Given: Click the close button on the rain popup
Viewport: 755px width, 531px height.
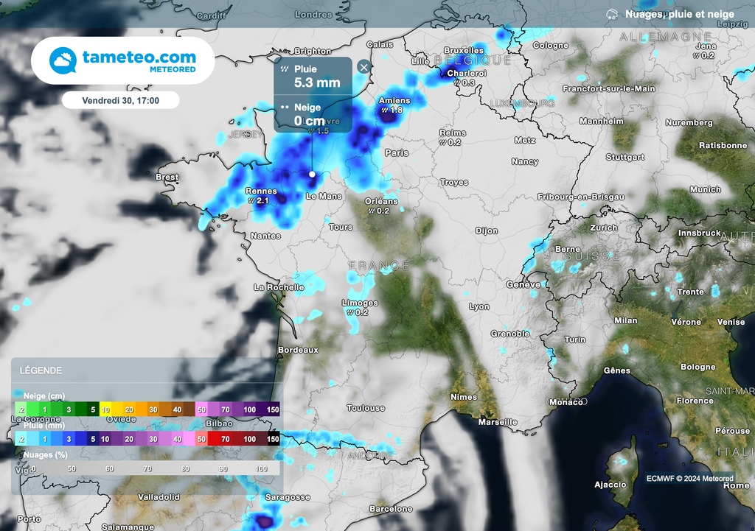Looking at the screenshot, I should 363,67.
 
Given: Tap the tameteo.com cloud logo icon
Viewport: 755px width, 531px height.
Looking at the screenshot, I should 63,60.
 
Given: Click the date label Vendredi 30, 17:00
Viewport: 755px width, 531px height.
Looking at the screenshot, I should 121,99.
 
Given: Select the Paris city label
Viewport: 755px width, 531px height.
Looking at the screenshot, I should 397,153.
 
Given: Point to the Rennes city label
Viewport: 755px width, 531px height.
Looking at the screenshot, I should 261,191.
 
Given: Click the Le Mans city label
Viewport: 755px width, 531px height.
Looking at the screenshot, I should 324,197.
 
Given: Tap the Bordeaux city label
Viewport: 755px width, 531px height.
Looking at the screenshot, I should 298,350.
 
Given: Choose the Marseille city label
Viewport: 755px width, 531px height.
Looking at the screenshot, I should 497,423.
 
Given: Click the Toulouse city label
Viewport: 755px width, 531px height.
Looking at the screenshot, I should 366,408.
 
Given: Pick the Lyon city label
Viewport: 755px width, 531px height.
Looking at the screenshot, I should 479,307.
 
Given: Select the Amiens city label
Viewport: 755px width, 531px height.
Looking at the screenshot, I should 393,100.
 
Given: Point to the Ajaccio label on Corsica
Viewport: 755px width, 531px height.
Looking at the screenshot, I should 610,485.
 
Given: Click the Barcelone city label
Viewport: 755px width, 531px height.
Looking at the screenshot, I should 391,509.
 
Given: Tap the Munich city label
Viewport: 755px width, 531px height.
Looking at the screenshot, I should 706,190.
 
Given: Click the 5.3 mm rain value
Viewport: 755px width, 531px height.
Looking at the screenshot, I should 317,82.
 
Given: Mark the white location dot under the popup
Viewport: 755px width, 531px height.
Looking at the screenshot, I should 312,175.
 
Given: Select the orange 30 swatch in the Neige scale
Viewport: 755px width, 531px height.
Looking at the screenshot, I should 153,409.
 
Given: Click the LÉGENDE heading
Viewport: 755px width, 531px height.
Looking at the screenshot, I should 41,370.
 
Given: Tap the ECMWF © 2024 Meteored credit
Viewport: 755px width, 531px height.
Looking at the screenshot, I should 689,479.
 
